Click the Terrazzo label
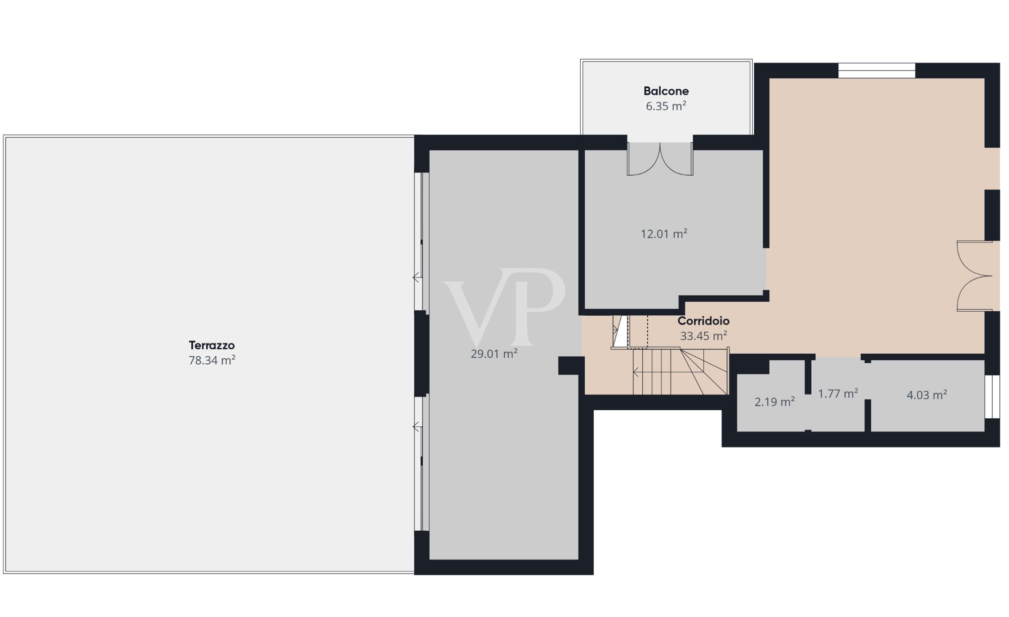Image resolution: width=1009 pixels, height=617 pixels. (x=212, y=346)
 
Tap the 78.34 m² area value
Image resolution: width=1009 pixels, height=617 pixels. (x=212, y=360)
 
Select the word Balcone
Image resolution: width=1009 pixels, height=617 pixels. (x=666, y=91)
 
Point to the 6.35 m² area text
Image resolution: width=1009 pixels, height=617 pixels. (x=666, y=106)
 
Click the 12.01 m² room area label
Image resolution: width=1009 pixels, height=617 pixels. (x=664, y=234)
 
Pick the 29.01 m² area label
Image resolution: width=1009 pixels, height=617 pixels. (x=494, y=354)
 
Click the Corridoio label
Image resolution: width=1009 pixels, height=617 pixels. (x=703, y=321)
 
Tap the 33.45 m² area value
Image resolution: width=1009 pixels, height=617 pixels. (x=703, y=336)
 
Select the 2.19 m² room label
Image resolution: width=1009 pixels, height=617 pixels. (x=774, y=402)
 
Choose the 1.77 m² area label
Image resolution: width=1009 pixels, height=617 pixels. (x=838, y=394)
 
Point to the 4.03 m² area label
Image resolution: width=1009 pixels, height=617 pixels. (x=927, y=395)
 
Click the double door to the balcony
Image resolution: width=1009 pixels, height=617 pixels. (x=660, y=159)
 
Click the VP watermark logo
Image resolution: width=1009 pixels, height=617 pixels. (x=504, y=306)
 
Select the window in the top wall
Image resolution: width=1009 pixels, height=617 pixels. (x=877, y=71)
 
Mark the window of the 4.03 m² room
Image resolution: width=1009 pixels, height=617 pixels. (x=992, y=397)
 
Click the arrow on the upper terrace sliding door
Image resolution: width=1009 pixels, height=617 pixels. (x=417, y=277)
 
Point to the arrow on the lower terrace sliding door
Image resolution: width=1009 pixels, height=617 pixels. (x=417, y=427)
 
